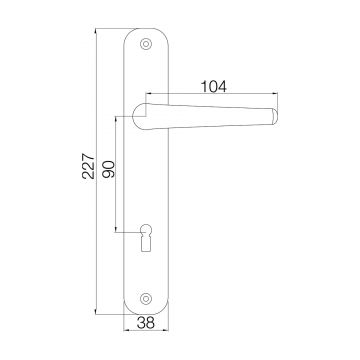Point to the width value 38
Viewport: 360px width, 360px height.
pyautogui.click(x=146, y=324)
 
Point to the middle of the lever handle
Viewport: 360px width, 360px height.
pyautogui.click(x=210, y=110)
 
